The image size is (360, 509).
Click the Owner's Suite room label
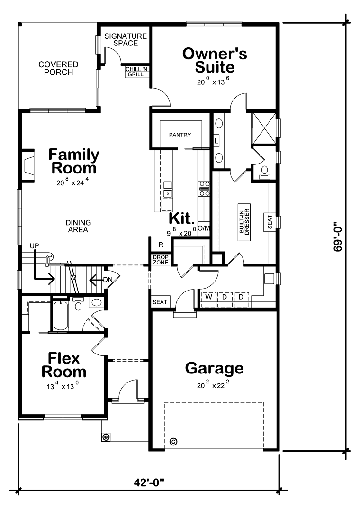pos(215,60)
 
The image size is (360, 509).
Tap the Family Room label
pos(73,161)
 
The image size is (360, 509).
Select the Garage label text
pos(214,368)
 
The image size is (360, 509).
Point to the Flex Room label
pos(63,364)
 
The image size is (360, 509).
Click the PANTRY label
pos(180,135)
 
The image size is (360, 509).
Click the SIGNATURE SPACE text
pos(126,40)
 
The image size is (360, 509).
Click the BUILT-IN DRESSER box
pos(244,221)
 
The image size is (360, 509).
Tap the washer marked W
pos(208,297)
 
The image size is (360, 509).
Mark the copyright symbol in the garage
pos(173,442)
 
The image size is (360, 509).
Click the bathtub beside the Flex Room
pos(61,316)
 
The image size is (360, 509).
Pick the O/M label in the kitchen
pos(204,228)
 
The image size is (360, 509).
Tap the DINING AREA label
pos(78,226)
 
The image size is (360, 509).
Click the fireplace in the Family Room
pos(28,165)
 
